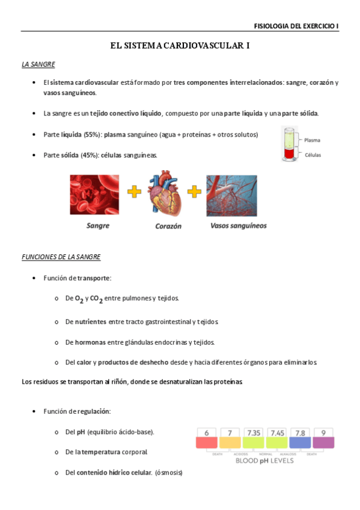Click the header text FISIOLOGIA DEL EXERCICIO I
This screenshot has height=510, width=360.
[x=296, y=26]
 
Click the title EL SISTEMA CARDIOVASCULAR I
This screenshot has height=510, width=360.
[x=180, y=46]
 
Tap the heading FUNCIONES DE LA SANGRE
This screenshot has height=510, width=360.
[x=61, y=257]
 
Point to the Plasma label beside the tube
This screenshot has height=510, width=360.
[x=312, y=140]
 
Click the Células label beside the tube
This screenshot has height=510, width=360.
[x=313, y=155]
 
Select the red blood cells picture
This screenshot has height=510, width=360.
[x=94, y=195]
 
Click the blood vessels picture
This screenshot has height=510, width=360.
[x=231, y=195]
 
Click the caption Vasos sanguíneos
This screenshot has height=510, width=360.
[x=239, y=226]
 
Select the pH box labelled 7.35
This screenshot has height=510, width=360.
[x=253, y=437]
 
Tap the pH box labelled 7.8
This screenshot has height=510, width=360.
[x=300, y=437]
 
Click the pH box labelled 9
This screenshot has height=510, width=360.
[x=323, y=437]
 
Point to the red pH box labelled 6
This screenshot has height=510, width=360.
[x=207, y=437]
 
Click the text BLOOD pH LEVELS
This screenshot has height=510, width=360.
[x=264, y=461]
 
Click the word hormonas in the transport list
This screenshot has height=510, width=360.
[x=91, y=342]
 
